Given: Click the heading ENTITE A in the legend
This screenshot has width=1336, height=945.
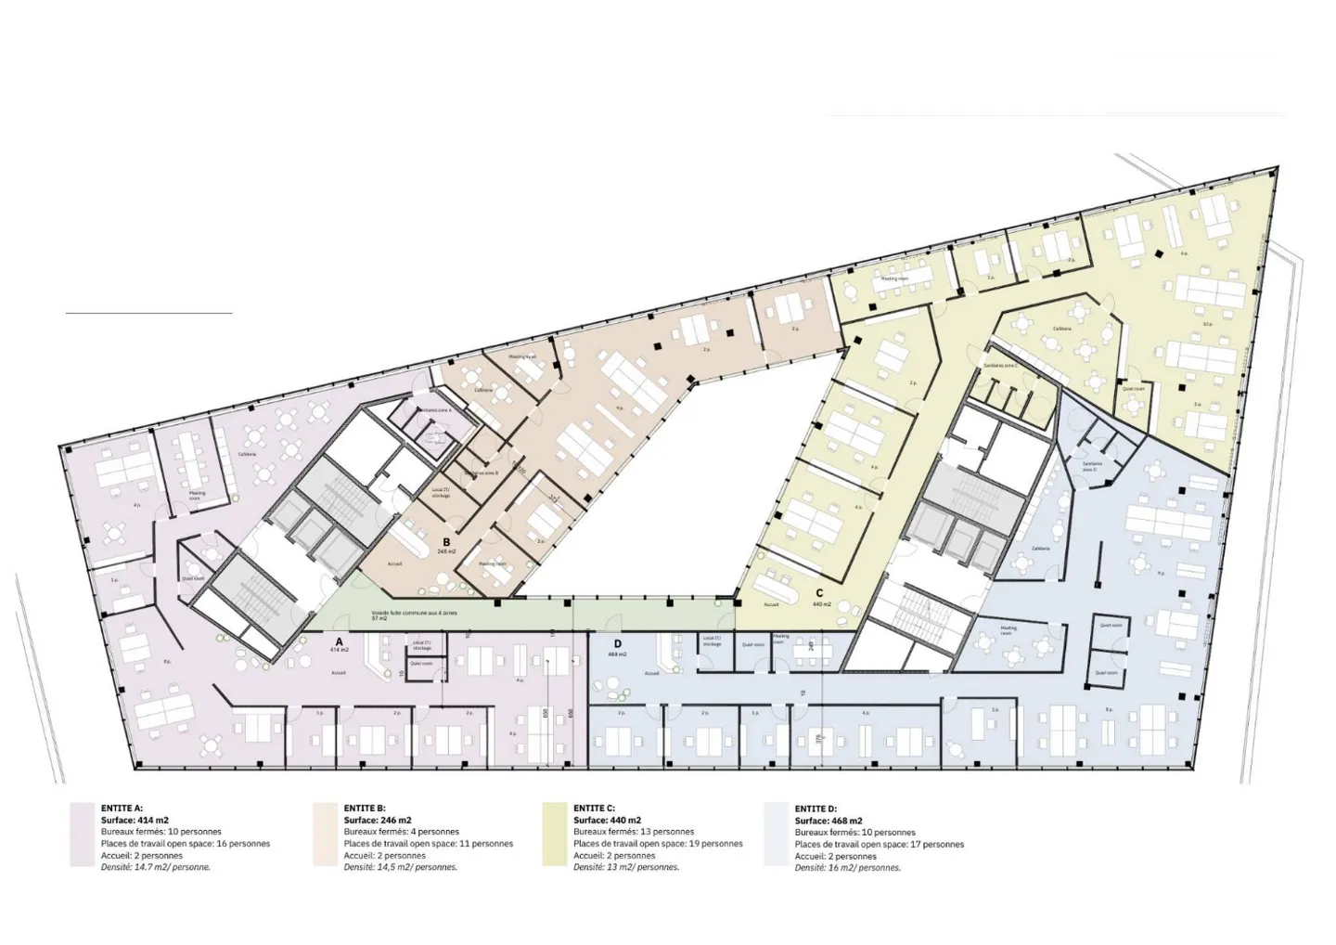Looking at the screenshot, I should tap(122, 809).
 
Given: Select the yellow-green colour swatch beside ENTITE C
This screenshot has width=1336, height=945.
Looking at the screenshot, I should tap(554, 835).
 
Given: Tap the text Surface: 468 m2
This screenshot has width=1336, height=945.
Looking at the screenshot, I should tap(829, 821).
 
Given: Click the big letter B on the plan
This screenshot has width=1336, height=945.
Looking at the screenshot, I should tap(446, 541).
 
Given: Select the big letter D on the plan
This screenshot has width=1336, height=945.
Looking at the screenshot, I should tap(616, 643).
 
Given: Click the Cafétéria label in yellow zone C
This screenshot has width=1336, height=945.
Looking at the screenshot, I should tap(1062, 329).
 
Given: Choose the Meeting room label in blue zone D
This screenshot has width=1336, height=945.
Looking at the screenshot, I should tap(1008, 628).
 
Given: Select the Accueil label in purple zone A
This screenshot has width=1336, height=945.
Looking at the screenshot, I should tap(340, 673).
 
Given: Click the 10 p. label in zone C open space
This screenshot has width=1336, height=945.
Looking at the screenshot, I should tap(1208, 324).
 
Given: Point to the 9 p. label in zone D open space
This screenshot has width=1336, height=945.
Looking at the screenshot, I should tap(1161, 573).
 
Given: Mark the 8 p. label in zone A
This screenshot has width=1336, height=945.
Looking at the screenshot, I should tap(167, 662).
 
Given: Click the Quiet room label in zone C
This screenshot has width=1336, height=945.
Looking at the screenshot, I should tap(1134, 389).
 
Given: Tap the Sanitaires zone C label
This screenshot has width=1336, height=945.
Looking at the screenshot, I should tap(1001, 366).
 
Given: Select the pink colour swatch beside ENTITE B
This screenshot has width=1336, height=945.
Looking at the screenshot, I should tap(324, 835).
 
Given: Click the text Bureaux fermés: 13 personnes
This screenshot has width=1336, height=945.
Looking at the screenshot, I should tap(634, 833).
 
